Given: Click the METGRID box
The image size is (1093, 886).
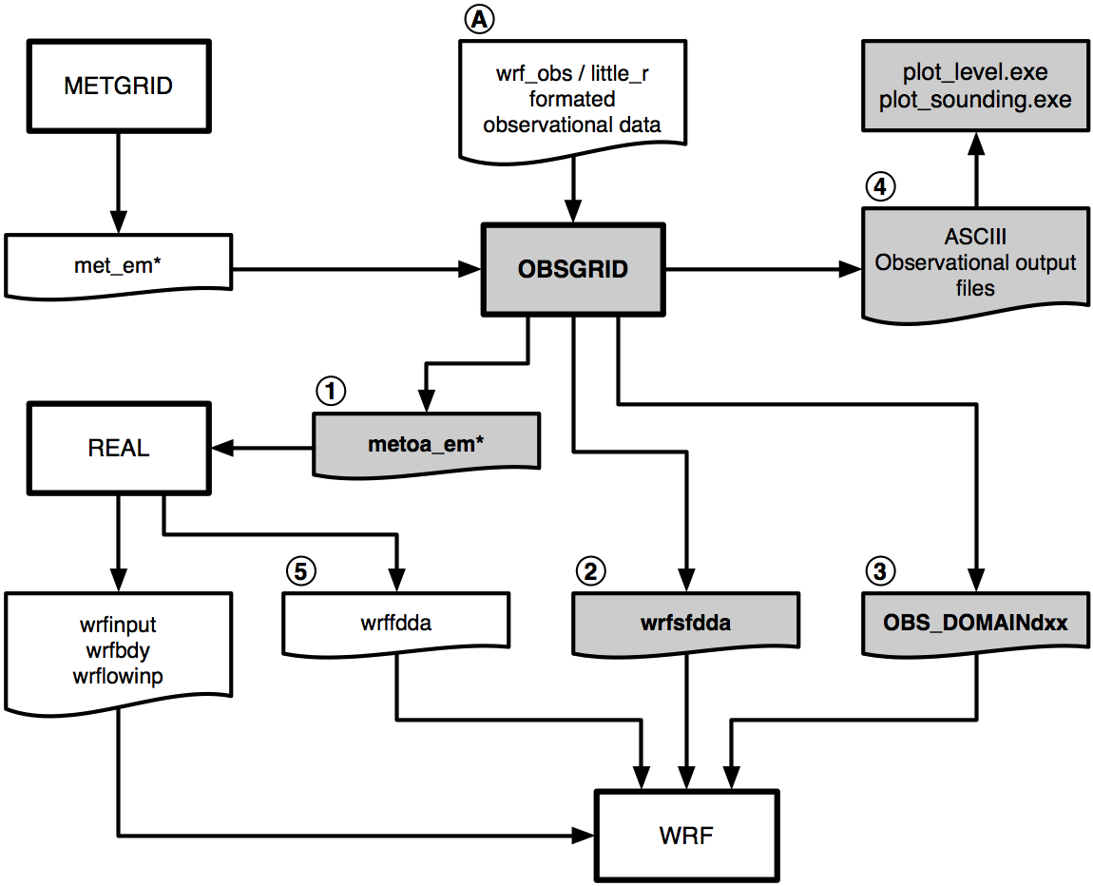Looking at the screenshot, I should pyautogui.click(x=119, y=86).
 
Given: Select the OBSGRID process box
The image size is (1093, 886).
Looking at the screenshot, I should pyautogui.click(x=573, y=269).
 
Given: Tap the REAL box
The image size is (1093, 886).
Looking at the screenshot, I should pyautogui.click(x=119, y=448).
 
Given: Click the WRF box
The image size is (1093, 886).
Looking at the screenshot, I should pyautogui.click(x=686, y=836).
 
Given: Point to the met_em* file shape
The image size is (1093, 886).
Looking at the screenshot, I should pyautogui.click(x=119, y=265).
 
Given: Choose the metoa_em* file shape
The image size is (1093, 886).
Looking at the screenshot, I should pyautogui.click(x=426, y=443).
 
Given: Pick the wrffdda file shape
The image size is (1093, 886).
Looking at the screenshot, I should pyautogui.click(x=396, y=623).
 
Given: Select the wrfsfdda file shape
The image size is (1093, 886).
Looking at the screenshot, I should pyautogui.click(x=685, y=623).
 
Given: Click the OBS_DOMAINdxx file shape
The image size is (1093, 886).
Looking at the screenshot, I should pyautogui.click(x=975, y=623).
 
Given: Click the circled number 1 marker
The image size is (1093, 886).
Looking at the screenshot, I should pyautogui.click(x=331, y=390).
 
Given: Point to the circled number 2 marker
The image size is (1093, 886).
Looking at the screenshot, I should pyautogui.click(x=591, y=570).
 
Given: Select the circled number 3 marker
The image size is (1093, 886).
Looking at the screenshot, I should pyautogui.click(x=880, y=570).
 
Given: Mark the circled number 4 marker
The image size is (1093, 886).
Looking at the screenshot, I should pyautogui.click(x=880, y=186).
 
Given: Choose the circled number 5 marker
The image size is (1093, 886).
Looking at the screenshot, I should pyautogui.click(x=300, y=570).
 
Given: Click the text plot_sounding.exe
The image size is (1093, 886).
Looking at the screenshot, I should pyautogui.click(x=975, y=100).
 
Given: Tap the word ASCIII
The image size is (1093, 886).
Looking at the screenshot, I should pyautogui.click(x=975, y=237).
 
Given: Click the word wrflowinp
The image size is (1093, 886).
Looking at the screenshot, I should pyautogui.click(x=119, y=677).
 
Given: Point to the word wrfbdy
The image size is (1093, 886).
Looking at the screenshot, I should pyautogui.click(x=119, y=651).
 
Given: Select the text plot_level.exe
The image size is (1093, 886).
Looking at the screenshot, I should pyautogui.click(x=975, y=73).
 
